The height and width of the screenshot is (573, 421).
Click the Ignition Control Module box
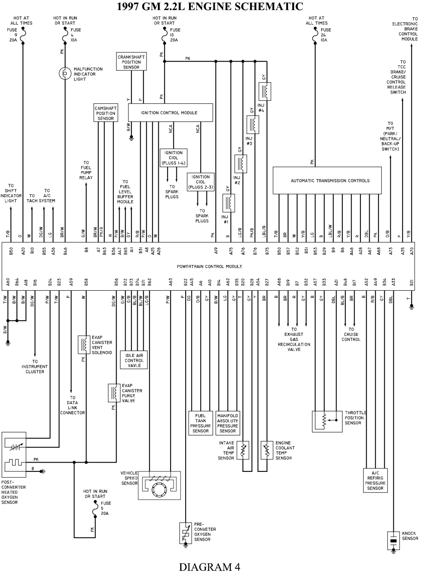(x=169, y=113)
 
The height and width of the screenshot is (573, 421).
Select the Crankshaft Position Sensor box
(x=131, y=62)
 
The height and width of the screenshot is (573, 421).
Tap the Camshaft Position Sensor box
(x=105, y=113)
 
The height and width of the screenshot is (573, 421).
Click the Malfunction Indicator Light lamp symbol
(x=65, y=73)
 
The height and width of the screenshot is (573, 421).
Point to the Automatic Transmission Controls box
(x=327, y=181)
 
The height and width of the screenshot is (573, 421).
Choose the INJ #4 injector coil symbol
(x=265, y=91)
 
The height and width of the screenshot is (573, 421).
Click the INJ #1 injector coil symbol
(x=229, y=203)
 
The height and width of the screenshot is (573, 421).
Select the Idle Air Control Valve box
(x=134, y=361)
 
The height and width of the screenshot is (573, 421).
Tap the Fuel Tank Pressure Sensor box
(x=200, y=423)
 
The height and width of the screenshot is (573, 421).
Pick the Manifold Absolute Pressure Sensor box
(x=228, y=423)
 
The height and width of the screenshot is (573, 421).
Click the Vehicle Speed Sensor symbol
(x=160, y=485)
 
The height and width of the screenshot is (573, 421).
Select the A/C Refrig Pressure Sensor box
(x=375, y=480)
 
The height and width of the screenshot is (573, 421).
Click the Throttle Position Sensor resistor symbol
(x=324, y=420)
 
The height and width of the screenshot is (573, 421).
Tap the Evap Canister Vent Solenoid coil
(x=83, y=345)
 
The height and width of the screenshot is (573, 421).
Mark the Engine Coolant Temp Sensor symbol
(x=266, y=450)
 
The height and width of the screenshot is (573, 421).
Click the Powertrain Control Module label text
(x=210, y=267)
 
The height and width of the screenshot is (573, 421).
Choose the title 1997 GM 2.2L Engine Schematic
(x=210, y=6)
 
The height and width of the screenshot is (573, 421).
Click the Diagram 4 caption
(x=210, y=567)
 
